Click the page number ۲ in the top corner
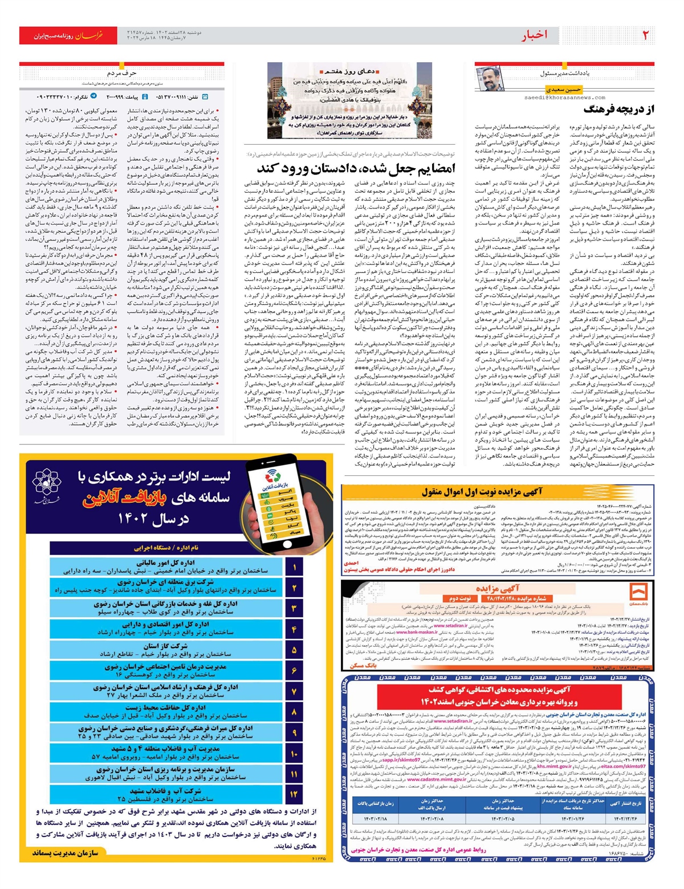646,35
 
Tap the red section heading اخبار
534,35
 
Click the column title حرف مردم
122,74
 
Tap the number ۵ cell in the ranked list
294,650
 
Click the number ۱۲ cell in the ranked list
294,794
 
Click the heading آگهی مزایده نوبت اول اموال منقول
482,492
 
